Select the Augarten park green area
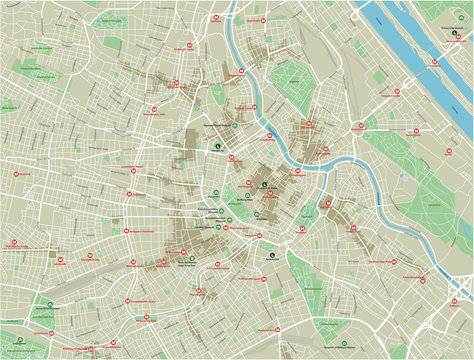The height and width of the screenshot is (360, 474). point(290,75)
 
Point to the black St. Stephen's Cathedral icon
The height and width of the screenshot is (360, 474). point(264,184)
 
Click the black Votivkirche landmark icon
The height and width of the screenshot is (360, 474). point(217,146)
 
